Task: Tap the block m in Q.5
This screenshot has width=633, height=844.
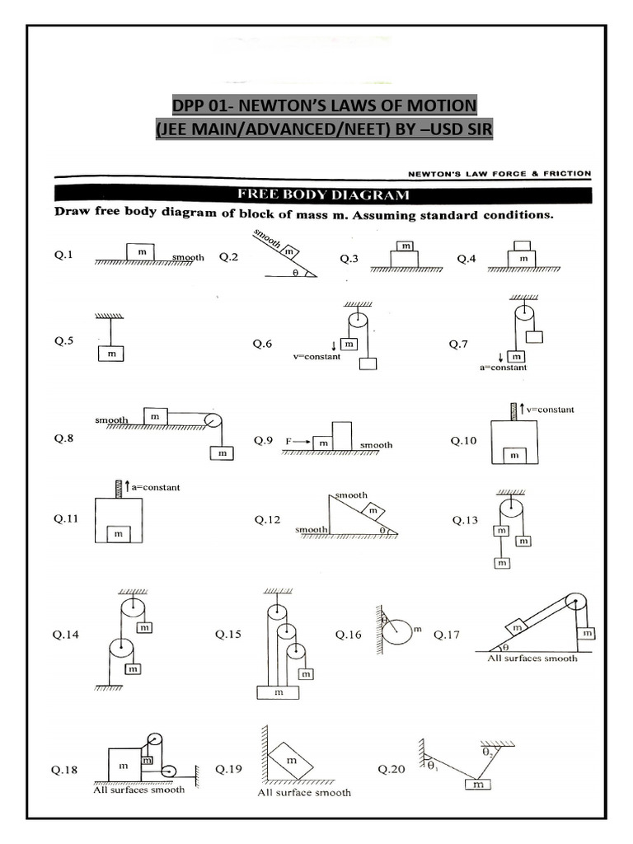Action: click(x=110, y=353)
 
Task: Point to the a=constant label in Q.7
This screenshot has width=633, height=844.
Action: click(x=503, y=368)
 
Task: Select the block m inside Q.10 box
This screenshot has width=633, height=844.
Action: click(x=514, y=455)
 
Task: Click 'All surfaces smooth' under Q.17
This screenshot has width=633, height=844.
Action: click(x=532, y=659)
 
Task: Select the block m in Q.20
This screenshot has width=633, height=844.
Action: click(x=478, y=785)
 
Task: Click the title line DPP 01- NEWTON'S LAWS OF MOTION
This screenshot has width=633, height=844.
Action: click(x=324, y=105)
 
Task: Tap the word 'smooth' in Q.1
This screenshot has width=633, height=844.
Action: click(x=188, y=257)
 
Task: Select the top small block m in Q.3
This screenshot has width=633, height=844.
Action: click(x=404, y=246)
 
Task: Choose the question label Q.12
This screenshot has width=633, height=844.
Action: click(x=267, y=520)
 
